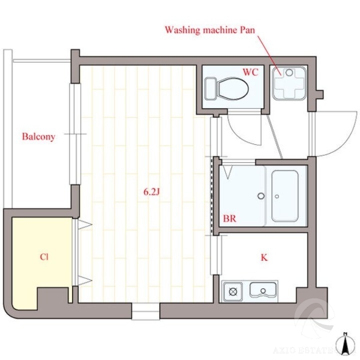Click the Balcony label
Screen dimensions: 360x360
(39, 137)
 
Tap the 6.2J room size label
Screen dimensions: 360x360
(152, 192)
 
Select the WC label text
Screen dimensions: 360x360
(250, 72)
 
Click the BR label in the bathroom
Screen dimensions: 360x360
(230, 218)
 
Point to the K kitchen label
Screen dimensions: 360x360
(264, 257)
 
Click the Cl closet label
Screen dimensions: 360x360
(44, 257)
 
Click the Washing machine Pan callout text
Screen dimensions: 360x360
(210, 30)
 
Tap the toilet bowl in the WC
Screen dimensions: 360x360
(233, 89)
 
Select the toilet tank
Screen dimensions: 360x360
(211, 89)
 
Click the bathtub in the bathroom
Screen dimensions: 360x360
(285, 196)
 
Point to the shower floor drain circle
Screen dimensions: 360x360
(261, 196)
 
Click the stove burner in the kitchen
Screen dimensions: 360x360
(233, 292)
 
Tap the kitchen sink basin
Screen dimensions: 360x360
(263, 290)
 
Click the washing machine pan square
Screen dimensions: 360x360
(289, 83)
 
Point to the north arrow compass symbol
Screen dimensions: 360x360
(344, 344)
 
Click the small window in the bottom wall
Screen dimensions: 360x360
(146, 311)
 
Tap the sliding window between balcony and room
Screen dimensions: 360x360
(75, 134)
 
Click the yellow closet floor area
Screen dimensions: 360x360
(42, 252)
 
